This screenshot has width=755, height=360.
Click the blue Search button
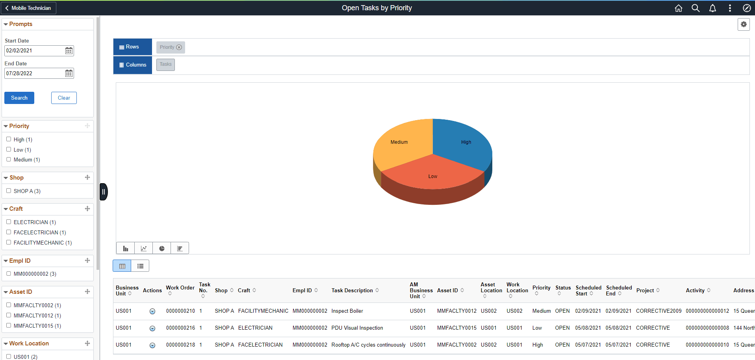tap(19, 98)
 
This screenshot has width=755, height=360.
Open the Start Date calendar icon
tap(69, 50)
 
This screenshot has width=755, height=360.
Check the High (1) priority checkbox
tap(9, 139)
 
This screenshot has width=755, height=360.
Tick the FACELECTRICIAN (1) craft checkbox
tap(9, 232)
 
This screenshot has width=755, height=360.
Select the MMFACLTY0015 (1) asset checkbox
tap(9, 325)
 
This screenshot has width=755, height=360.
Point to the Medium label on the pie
tap(399, 142)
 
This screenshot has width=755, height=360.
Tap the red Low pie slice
tap(432, 175)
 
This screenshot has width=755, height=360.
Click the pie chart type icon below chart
tap(162, 248)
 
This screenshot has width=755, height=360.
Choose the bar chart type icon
tap(126, 248)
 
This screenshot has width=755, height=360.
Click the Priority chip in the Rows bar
tap(167, 47)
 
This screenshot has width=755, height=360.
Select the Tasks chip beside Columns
tap(165, 64)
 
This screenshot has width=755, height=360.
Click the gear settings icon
tap(743, 24)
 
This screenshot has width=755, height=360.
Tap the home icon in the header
tap(678, 8)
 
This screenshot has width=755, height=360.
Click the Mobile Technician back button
tap(28, 8)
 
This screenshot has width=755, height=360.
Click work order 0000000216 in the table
tap(180, 328)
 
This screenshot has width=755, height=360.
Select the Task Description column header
tap(352, 290)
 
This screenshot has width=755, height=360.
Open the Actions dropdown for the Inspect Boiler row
tap(152, 311)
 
